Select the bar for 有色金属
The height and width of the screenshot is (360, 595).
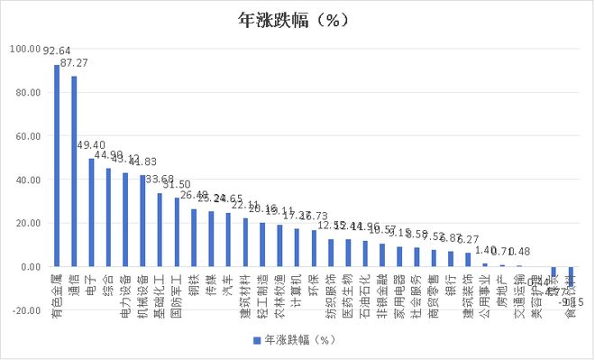[57, 166]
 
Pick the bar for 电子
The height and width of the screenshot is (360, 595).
[91, 213]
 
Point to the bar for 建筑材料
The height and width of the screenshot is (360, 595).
[246, 243]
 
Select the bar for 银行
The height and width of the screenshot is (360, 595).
[451, 259]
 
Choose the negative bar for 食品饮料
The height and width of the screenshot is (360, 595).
[572, 276]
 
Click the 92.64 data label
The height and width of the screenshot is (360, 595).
[57, 51]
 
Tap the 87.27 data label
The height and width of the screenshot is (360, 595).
[74, 63]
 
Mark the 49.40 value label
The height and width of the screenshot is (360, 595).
[91, 145]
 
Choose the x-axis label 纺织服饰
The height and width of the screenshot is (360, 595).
[332, 297]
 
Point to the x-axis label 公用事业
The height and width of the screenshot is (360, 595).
[486, 297]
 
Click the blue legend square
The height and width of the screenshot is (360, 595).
[256, 340]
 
